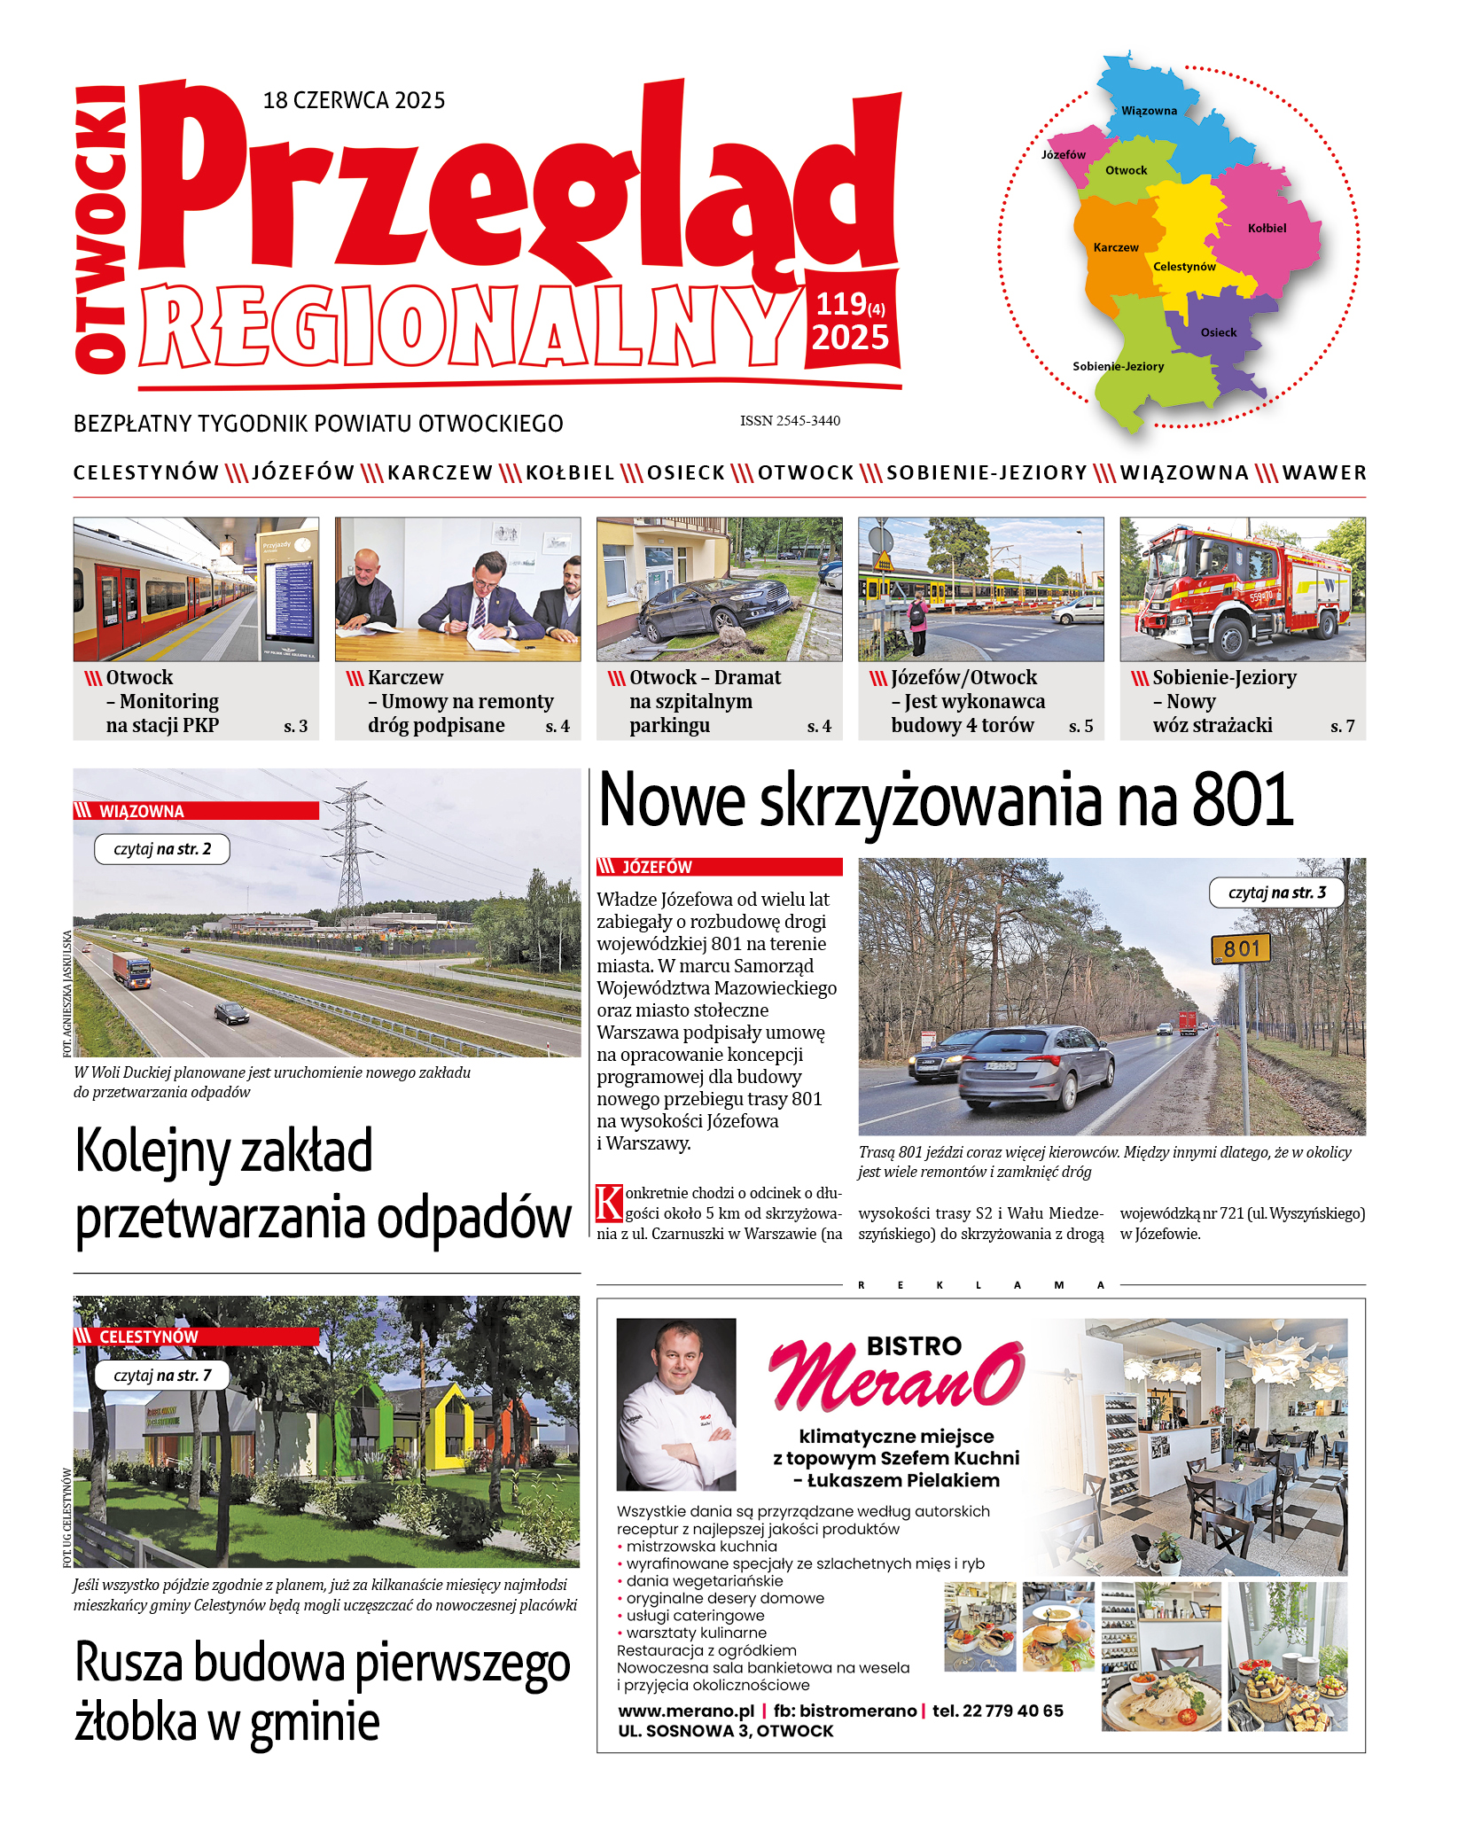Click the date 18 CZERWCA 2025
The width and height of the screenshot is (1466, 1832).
coord(354,100)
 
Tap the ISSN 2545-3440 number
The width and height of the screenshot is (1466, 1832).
coord(790,421)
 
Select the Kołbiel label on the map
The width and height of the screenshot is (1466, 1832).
coord(1267,228)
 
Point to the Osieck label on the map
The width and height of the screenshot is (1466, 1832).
coord(1218,332)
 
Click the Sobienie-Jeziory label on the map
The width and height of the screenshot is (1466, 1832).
coord(1118,366)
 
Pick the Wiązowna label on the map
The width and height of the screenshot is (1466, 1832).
coord(1149,111)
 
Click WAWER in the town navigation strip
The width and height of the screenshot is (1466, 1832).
coord(1324,472)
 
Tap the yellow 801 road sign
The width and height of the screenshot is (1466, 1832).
coord(1241,949)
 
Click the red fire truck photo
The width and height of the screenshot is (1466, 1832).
coord(1242,589)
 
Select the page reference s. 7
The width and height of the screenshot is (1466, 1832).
coord(1342,727)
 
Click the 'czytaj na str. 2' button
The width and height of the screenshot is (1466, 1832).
coord(162,849)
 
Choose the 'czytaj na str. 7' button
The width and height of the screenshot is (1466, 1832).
coord(162,1376)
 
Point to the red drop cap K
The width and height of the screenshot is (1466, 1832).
coord(609,1203)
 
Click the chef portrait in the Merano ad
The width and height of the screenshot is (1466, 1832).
coord(675,1404)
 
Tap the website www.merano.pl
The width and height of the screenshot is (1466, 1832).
coord(686,1711)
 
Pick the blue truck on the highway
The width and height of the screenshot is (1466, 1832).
coord(132,970)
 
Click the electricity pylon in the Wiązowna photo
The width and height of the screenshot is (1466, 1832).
coord(351,846)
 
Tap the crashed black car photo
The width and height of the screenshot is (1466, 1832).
coord(719,589)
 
